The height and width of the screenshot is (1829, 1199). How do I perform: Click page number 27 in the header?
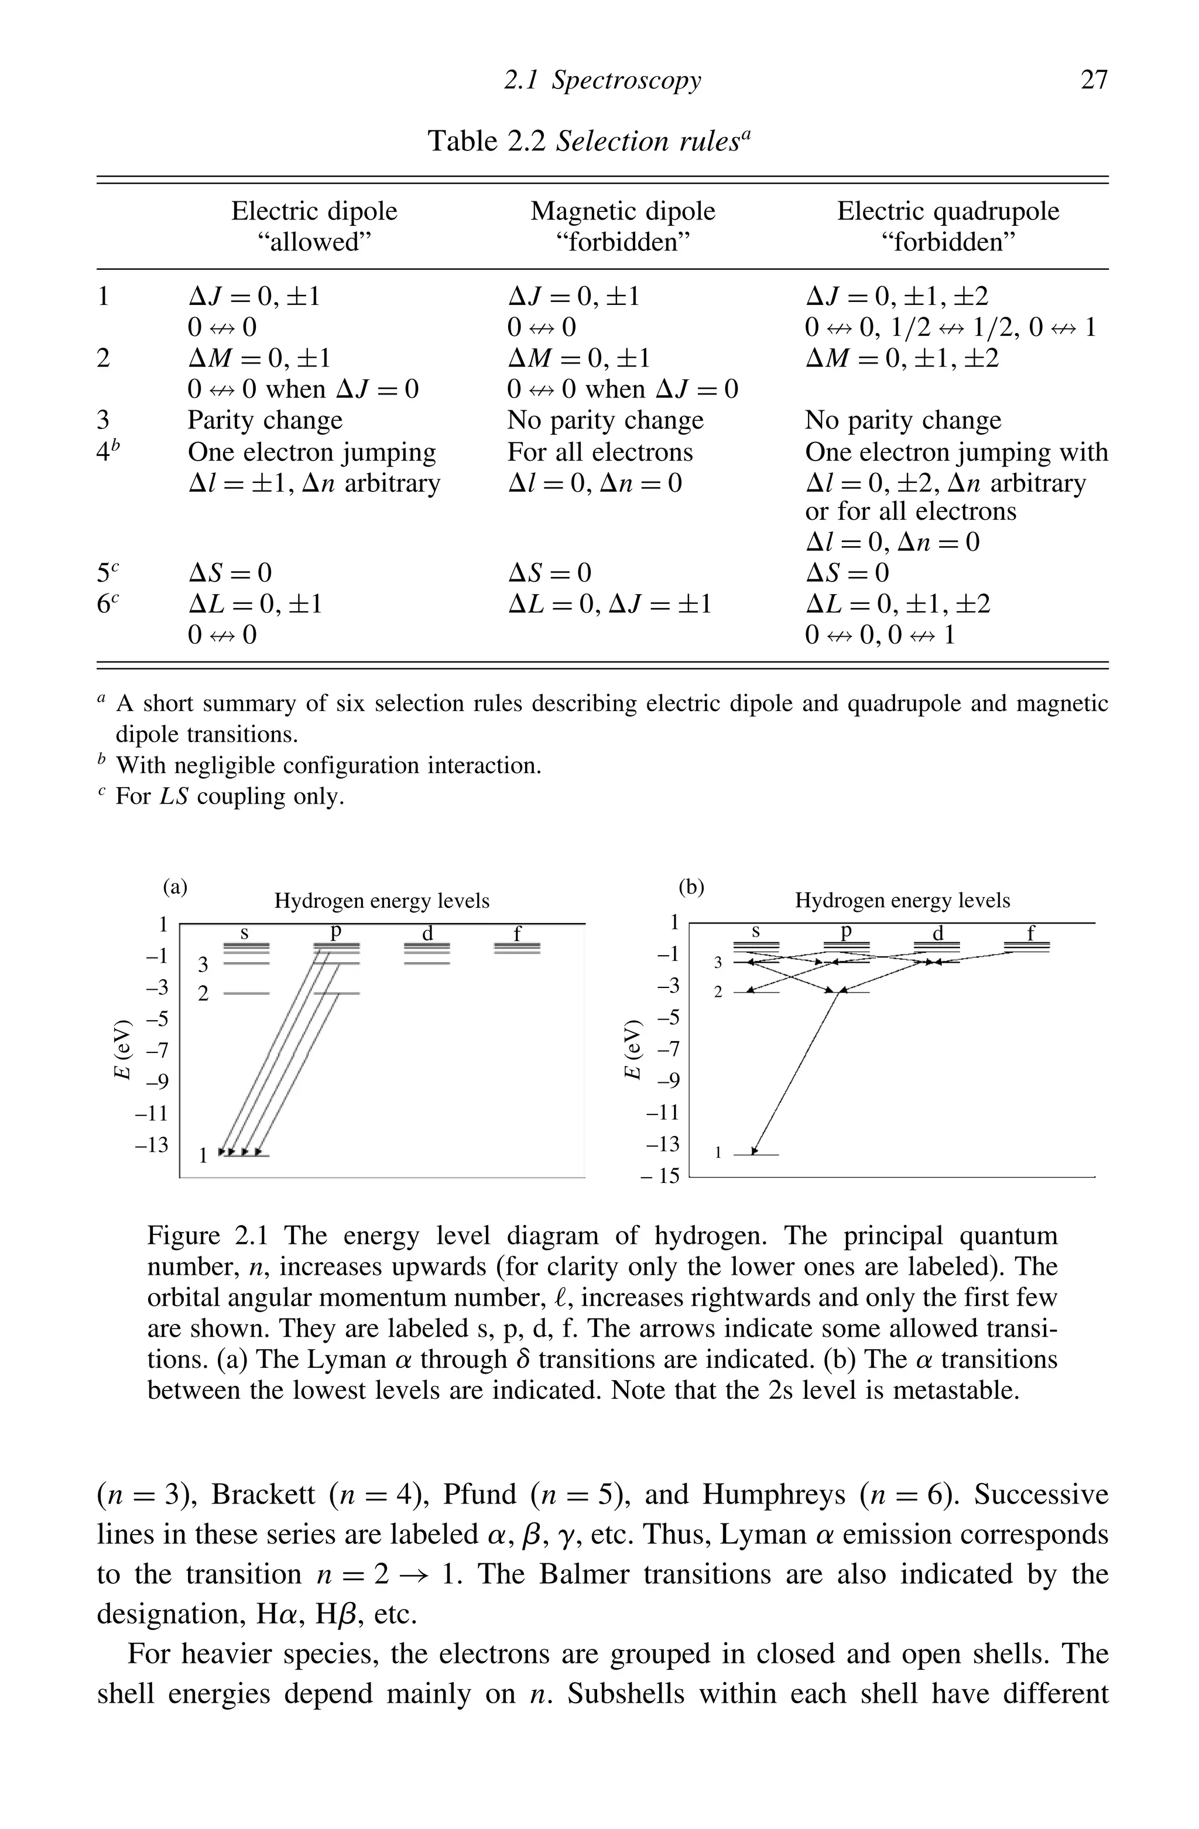click(x=1094, y=80)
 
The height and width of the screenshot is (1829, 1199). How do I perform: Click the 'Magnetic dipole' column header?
click(x=622, y=211)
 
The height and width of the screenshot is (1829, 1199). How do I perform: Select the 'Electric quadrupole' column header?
click(x=948, y=211)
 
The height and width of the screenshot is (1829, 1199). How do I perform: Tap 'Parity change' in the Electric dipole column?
click(x=265, y=420)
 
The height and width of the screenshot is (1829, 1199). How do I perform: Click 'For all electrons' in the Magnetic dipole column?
click(x=599, y=452)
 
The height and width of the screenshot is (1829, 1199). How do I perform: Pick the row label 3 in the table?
click(x=103, y=420)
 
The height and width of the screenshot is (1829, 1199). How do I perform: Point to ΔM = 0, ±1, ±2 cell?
click(x=902, y=358)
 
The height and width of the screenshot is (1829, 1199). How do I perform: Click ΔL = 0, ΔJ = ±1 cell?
click(x=609, y=604)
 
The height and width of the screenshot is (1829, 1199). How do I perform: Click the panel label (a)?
click(x=175, y=887)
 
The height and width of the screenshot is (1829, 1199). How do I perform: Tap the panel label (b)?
click(x=691, y=887)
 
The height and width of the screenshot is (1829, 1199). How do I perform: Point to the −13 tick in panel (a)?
click(x=152, y=1145)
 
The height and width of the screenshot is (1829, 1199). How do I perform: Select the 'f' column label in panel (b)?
click(x=1032, y=933)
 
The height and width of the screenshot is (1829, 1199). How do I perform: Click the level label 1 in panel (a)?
click(x=204, y=1155)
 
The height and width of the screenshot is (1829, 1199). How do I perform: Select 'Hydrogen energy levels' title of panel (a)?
click(x=381, y=901)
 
